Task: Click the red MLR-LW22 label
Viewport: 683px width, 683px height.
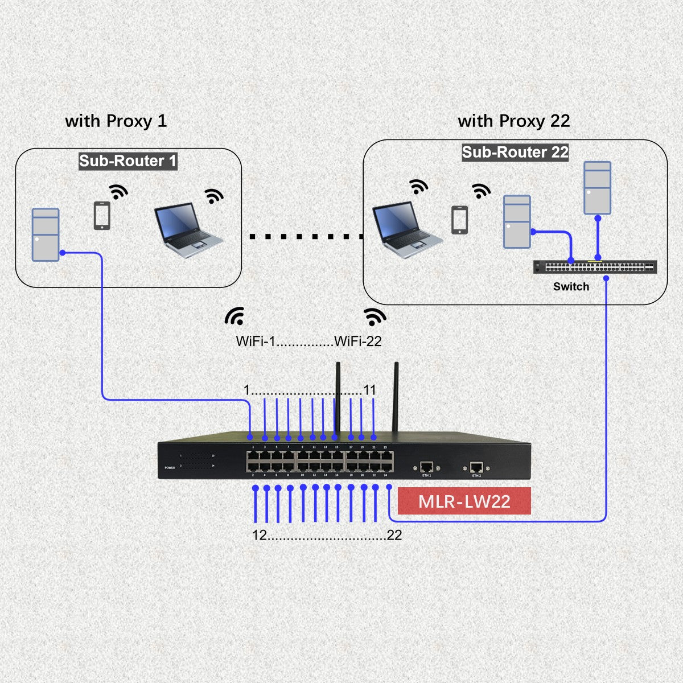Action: pos(464,501)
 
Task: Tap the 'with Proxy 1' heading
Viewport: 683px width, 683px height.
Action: pos(116,121)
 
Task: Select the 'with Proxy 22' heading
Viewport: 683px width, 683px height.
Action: pos(513,121)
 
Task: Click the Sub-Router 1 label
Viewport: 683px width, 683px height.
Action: pos(128,161)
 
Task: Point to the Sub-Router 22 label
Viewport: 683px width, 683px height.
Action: pos(515,152)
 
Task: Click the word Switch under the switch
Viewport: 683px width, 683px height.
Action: pos(571,287)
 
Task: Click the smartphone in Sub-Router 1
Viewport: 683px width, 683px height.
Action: pos(102,216)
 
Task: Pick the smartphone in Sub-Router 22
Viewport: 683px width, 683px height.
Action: pos(459,220)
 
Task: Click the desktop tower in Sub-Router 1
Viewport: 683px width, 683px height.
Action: pos(46,234)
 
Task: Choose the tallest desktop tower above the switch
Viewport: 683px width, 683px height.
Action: pos(598,188)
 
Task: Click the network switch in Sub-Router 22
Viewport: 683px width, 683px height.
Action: pos(595,267)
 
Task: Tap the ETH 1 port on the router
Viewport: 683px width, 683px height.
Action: pos(427,467)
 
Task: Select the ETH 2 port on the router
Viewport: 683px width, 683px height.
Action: pos(476,467)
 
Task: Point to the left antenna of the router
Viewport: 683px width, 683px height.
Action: pos(337,398)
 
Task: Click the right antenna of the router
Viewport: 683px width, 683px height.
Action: pos(396,398)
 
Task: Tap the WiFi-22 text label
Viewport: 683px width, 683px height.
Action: pos(358,341)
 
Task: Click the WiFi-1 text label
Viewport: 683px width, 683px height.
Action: pos(256,341)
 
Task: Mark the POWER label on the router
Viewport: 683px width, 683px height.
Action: pos(170,467)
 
